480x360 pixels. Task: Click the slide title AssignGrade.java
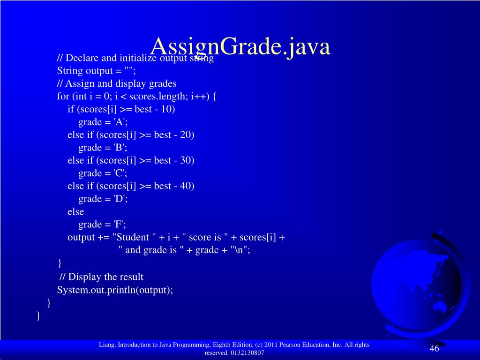tap(240, 47)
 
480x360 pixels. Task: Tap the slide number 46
tap(434, 348)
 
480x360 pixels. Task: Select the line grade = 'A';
tap(103, 122)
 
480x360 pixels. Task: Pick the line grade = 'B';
tap(103, 148)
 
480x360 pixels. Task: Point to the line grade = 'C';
tap(103, 173)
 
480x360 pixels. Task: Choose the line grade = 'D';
tap(103, 199)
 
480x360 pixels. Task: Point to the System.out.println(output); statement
tap(115, 290)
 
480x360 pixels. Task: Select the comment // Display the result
tap(102, 277)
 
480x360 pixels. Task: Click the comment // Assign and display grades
tap(117, 84)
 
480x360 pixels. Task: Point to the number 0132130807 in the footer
tap(247, 353)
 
